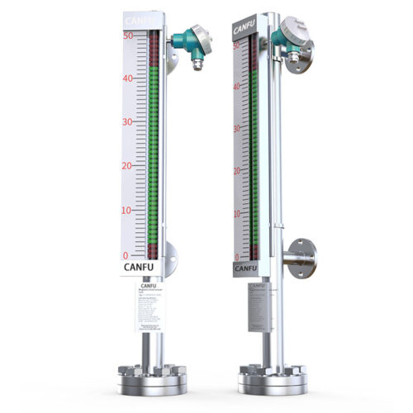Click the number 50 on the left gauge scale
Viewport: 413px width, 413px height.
tap(128, 36)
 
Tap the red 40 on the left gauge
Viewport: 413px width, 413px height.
tap(128, 78)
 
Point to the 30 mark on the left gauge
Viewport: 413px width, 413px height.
tap(128, 122)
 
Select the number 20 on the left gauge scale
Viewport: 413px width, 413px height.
tap(128, 166)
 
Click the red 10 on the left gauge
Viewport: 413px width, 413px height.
tap(128, 211)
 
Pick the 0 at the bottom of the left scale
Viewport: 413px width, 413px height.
tap(126, 255)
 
